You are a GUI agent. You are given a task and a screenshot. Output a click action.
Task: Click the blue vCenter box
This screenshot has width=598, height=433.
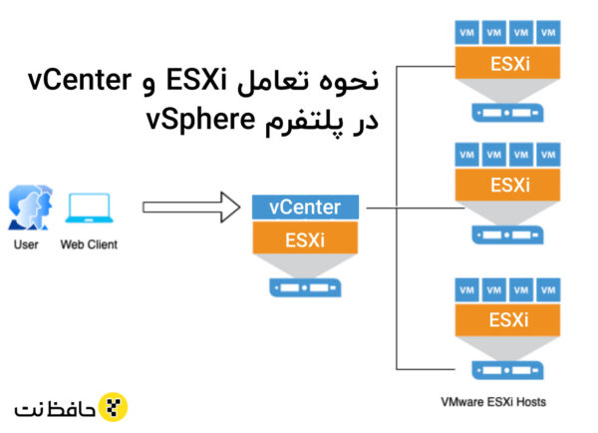click(305, 208)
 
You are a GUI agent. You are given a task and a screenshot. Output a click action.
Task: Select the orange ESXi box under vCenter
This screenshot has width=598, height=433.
click(305, 240)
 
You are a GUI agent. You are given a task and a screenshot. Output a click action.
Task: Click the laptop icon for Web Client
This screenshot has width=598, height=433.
click(88, 208)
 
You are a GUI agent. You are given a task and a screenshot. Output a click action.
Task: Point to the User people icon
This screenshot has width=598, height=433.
click(26, 208)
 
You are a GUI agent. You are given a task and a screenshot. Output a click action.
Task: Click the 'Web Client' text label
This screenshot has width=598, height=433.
click(88, 243)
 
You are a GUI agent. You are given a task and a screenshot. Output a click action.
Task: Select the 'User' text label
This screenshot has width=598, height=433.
click(26, 243)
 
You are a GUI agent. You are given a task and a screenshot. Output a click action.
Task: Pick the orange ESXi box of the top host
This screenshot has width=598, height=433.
click(503, 63)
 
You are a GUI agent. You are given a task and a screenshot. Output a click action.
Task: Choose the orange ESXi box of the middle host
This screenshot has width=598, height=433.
click(503, 185)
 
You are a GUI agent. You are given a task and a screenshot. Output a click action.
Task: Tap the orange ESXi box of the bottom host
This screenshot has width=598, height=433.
click(503, 319)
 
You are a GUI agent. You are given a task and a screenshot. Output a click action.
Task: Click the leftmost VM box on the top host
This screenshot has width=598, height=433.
click(465, 32)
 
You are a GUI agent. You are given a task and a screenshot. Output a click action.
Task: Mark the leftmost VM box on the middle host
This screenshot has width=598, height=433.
click(465, 154)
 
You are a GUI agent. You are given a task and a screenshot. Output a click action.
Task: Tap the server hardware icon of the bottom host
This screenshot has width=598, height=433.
click(503, 365)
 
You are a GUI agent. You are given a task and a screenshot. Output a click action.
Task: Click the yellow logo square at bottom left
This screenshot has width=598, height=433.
click(116, 407)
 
